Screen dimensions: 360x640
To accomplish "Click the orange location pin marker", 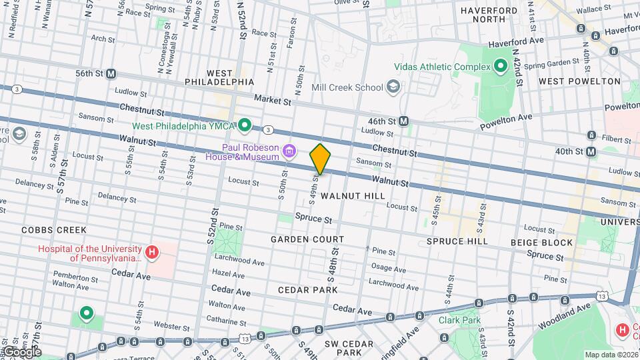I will [x=320, y=159].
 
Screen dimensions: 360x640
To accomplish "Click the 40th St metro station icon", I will [x=591, y=152].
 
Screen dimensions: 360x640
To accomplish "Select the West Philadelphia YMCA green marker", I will [x=245, y=125].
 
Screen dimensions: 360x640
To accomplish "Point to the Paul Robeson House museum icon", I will [x=289, y=151].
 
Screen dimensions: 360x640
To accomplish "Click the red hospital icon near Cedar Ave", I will [x=152, y=252].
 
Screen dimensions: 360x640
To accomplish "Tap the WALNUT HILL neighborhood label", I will [x=352, y=196].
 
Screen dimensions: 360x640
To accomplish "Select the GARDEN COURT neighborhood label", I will [x=307, y=239].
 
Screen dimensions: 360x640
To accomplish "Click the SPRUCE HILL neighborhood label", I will [x=457, y=241].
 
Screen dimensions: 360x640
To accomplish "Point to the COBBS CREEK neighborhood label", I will [x=53, y=230].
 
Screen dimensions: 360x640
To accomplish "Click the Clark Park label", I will [x=459, y=320].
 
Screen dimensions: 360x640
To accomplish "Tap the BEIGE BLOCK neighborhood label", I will [x=541, y=242].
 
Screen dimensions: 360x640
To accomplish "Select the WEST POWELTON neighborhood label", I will [x=579, y=81].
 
